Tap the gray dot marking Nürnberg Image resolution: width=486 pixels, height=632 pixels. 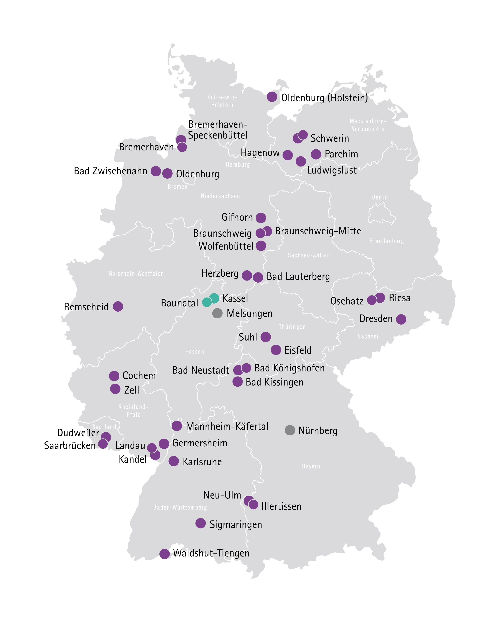pos(290,430)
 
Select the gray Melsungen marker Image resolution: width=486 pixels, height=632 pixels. pos(217,313)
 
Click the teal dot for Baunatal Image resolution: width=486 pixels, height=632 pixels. pos(207,302)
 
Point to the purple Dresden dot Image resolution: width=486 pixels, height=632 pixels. pos(401,319)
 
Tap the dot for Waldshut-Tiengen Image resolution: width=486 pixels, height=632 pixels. pos(165,554)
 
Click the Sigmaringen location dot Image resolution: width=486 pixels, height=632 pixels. pos(200,523)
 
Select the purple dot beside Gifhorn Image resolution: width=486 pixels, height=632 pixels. pos(261,218)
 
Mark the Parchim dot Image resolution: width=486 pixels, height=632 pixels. pos(316,154)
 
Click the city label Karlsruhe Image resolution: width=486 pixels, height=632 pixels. pos(202,462)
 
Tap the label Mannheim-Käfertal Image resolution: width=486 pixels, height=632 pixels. pos(227,426)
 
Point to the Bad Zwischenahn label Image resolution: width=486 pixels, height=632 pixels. pos(110,171)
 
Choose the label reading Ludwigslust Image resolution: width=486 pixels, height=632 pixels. pos(332,170)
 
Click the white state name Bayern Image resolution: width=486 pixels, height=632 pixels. pos(311,466)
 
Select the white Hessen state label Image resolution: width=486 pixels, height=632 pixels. pos(195,351)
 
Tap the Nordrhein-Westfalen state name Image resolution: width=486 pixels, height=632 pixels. pos(136,274)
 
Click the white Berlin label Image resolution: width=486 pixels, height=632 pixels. pos(380,197)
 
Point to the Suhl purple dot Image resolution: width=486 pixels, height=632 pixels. pos(266,337)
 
